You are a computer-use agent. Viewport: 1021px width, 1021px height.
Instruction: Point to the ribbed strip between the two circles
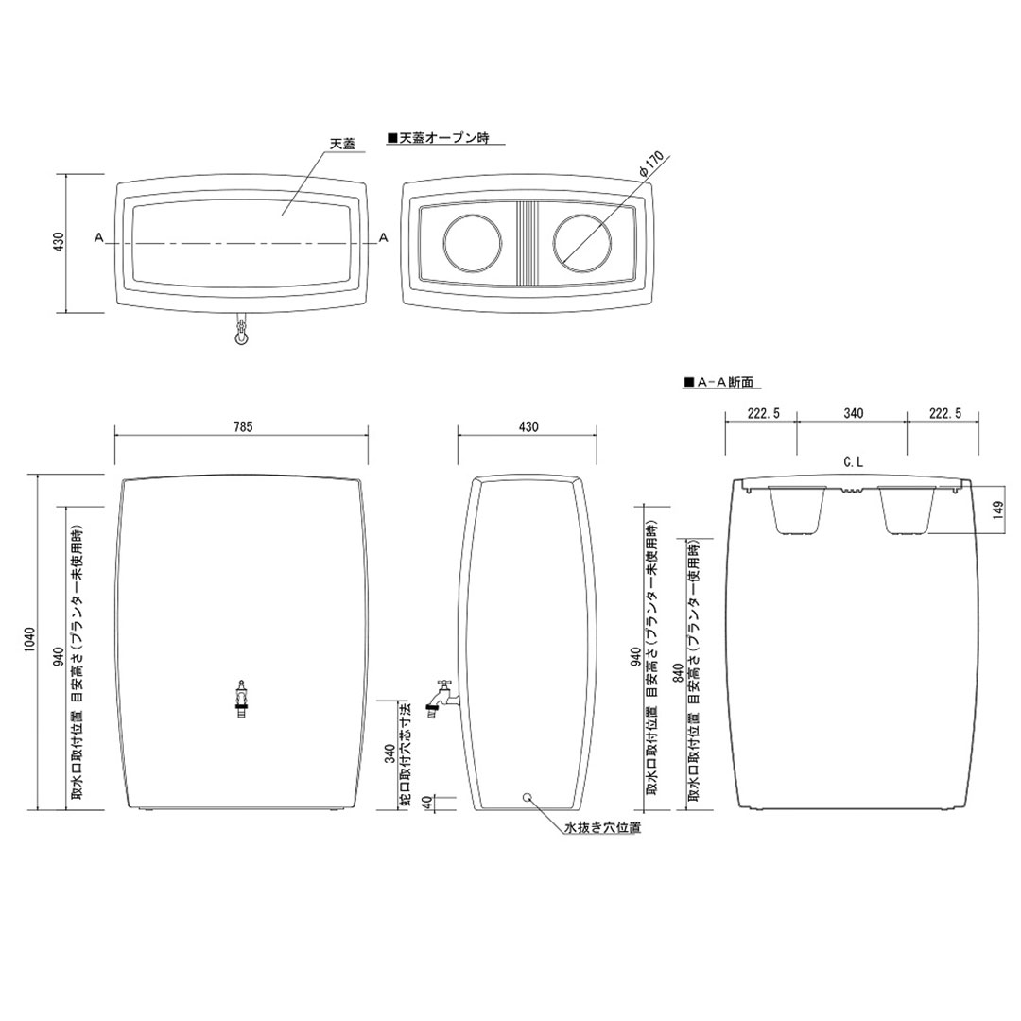pos(528,243)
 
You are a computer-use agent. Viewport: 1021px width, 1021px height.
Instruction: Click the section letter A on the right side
pos(383,239)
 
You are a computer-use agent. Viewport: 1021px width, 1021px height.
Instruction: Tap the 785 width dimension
pos(242,427)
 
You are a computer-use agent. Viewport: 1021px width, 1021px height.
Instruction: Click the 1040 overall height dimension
pos(31,643)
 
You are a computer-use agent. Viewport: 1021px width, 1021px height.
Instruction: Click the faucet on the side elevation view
pos(440,697)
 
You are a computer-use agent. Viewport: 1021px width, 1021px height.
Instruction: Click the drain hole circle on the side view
pos(528,797)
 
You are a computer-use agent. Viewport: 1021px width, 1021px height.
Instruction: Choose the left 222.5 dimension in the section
pos(761,414)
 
